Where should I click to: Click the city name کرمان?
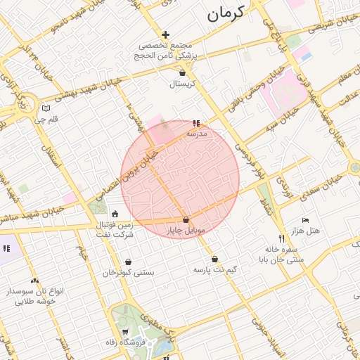(225, 13)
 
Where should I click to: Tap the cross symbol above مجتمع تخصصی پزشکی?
(166, 34)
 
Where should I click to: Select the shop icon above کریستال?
(183, 72)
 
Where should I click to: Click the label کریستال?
(182, 84)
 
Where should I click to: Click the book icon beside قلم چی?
(46, 109)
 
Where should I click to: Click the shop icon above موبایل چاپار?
(186, 220)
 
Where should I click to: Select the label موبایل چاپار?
(185, 231)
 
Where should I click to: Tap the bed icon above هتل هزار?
(304, 220)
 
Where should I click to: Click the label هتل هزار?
(304, 231)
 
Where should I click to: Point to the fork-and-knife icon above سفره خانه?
(282, 238)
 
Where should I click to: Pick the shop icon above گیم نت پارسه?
(214, 259)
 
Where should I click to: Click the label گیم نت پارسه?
(215, 269)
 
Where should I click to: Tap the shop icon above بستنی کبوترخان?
(128, 262)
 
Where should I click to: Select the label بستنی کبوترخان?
(128, 272)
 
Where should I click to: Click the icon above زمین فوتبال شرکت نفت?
(115, 214)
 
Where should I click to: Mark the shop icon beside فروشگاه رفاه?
(124, 332)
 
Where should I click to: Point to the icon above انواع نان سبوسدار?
(34, 281)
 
